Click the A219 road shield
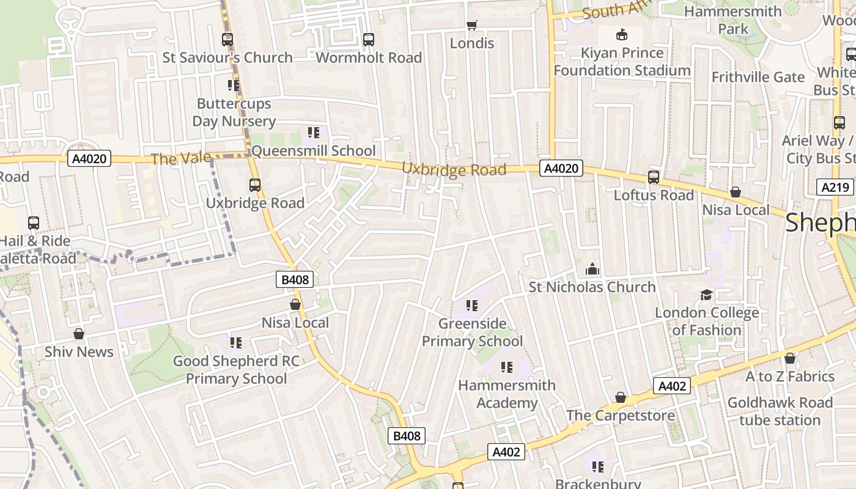coord(835,187)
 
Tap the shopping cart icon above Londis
coord(471,25)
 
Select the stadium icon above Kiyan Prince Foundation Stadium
coord(622,34)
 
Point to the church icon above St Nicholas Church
coord(592,269)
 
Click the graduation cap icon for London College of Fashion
coord(706,295)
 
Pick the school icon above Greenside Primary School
coord(471,305)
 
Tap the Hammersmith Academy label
coord(507,394)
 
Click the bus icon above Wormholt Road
coord(368,40)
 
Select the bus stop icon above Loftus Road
coord(654,177)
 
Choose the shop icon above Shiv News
coord(79,334)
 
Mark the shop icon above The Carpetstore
coord(621,398)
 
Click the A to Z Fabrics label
coord(789,377)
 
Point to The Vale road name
coord(181,159)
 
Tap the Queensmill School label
coord(314,151)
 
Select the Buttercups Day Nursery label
coord(234,112)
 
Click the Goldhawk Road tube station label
coord(780,411)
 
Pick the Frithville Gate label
coord(758,77)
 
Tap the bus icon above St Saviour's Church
coord(227,40)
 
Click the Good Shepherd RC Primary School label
coord(236,370)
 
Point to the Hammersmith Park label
coord(733,20)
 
